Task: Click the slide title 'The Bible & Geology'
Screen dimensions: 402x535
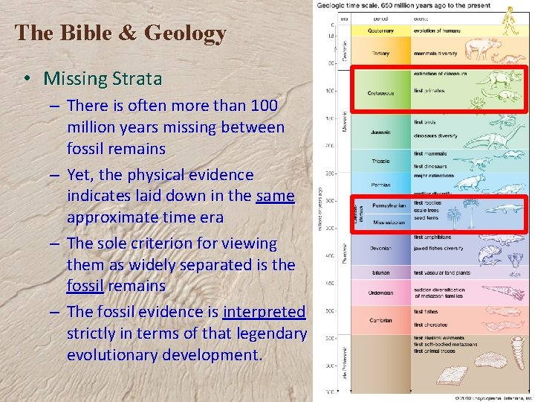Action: (120, 33)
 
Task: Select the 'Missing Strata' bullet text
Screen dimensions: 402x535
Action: (103, 78)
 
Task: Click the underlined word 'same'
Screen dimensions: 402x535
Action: (275, 196)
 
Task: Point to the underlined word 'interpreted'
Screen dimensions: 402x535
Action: (264, 312)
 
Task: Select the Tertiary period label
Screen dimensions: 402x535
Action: (380, 53)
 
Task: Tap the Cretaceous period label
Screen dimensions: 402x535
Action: (380, 93)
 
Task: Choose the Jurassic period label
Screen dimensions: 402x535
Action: (380, 133)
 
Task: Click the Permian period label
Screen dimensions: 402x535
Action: (380, 185)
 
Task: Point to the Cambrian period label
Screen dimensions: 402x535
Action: (380, 321)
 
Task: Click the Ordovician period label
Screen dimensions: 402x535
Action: (380, 293)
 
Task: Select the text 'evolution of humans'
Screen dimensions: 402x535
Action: (437, 31)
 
